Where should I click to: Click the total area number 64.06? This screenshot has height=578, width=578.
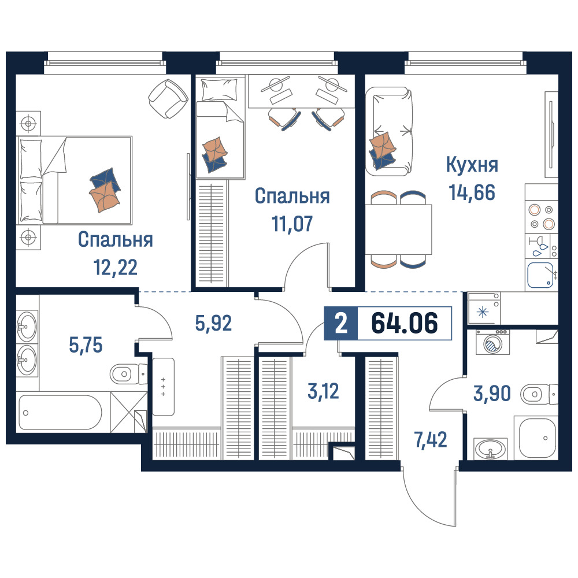click(x=405, y=323)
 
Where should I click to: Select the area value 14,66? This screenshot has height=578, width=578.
click(x=472, y=192)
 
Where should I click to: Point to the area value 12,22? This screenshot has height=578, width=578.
click(x=116, y=267)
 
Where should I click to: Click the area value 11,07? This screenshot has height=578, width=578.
click(x=292, y=223)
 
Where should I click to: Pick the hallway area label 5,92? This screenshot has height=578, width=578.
click(x=213, y=323)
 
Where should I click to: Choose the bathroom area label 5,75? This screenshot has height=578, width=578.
click(x=86, y=346)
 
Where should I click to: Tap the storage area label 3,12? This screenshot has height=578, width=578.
click(x=323, y=391)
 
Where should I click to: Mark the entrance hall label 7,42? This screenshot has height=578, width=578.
click(x=431, y=440)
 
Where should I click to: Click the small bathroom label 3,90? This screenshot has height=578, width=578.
click(x=492, y=393)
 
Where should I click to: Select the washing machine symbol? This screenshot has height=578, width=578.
click(x=492, y=342)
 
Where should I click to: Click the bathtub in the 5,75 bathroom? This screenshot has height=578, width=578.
click(x=60, y=412)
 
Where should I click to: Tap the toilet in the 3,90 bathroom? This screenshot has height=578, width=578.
click(x=539, y=394)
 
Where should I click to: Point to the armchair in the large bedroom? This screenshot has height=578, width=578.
click(x=168, y=98)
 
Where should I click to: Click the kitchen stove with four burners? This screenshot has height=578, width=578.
click(x=542, y=217)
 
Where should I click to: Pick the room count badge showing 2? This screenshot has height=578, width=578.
click(x=341, y=323)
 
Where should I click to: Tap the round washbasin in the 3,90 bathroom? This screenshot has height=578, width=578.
click(x=491, y=449)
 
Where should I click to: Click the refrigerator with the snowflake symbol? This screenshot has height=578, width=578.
click(x=484, y=309)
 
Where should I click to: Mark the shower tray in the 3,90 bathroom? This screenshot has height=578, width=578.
click(x=538, y=438)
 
